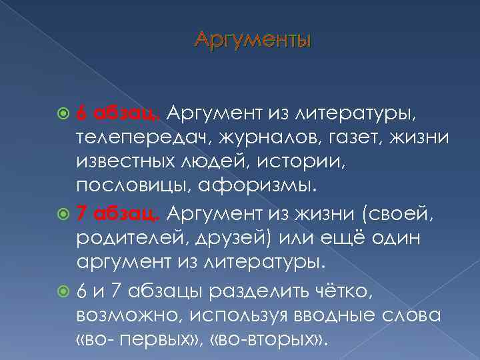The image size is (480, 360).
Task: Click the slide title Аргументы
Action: tap(253, 41)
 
